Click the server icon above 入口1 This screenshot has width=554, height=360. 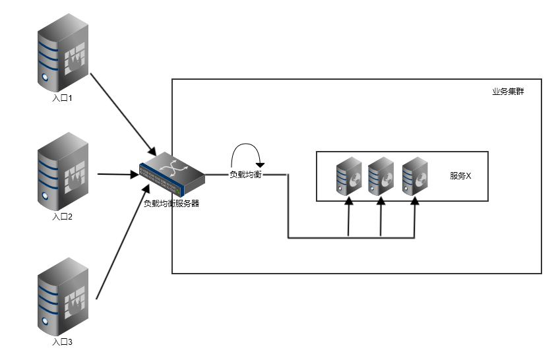(63, 55)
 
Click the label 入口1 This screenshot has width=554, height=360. (63, 98)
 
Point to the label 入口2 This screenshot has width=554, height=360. (63, 216)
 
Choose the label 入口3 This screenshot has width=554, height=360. (63, 342)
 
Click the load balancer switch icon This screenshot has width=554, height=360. (171, 172)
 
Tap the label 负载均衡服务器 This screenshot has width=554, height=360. (171, 204)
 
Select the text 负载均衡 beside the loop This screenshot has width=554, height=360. (245, 175)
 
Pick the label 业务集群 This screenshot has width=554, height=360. (508, 92)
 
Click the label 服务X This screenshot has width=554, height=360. (460, 176)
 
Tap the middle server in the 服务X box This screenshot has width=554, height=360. (381, 176)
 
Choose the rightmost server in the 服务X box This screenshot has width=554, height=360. (415, 176)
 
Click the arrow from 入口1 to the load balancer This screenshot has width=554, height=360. (122, 112)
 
